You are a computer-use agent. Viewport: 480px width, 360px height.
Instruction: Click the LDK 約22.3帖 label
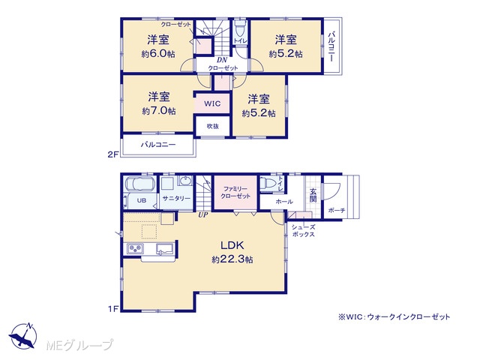[x=232, y=252]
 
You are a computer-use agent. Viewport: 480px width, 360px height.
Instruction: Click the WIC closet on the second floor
[x=212, y=103]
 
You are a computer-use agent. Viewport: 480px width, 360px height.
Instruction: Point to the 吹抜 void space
[x=213, y=126]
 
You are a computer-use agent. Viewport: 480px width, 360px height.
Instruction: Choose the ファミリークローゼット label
[x=235, y=193]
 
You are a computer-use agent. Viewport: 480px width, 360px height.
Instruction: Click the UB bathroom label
[x=142, y=201]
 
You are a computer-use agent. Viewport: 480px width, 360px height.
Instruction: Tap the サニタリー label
[x=176, y=198]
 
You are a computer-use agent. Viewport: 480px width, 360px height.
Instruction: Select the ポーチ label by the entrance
[x=337, y=210]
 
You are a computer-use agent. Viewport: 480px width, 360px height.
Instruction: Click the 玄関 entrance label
[x=313, y=195]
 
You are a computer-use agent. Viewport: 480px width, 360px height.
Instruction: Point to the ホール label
[x=284, y=202]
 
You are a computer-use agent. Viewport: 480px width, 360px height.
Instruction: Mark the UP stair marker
[x=202, y=215]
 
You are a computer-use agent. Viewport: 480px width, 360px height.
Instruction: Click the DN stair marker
[x=222, y=60]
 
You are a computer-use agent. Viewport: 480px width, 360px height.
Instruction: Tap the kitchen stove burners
[x=135, y=248]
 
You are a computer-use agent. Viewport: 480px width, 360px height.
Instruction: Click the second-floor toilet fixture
[x=240, y=29]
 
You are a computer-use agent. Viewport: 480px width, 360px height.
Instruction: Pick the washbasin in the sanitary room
[x=185, y=181]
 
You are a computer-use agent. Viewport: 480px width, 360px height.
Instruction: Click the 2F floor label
[x=112, y=154]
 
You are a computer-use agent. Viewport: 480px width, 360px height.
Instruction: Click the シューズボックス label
[x=303, y=231]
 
